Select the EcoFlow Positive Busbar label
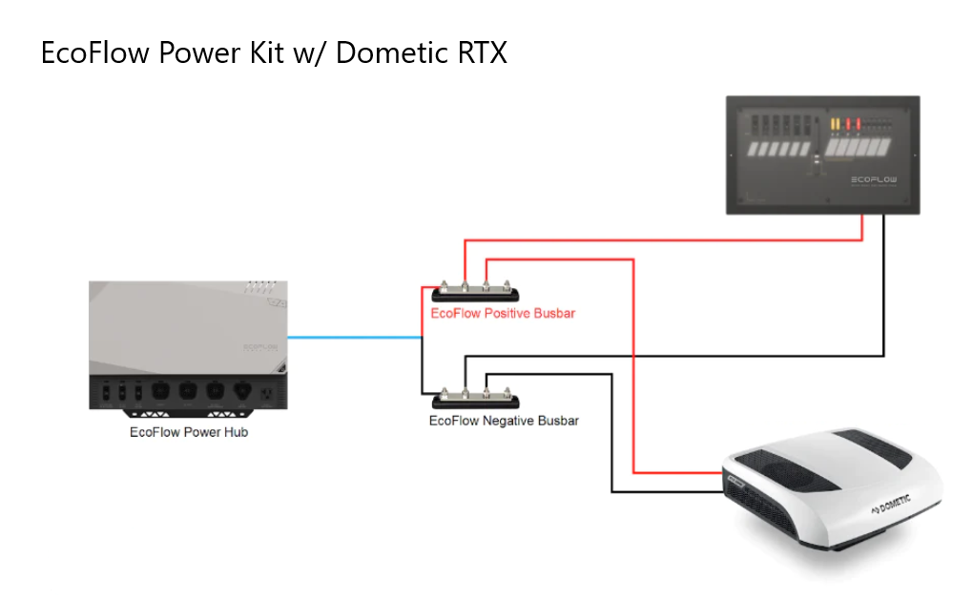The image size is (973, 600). pos(503,313)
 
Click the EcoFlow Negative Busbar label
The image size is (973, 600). pos(504,420)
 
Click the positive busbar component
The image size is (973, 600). pos(474,292)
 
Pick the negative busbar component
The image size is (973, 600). pos(474,398)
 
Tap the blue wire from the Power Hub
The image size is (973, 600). pos(353,337)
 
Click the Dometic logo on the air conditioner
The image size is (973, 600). pos(889,503)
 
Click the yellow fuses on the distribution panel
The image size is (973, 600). pos(835,125)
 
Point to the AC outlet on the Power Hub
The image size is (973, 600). pos(266,391)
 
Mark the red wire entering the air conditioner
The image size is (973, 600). pos(677,472)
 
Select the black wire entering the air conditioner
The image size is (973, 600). pos(668,492)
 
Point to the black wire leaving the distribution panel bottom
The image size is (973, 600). pos(885,286)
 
